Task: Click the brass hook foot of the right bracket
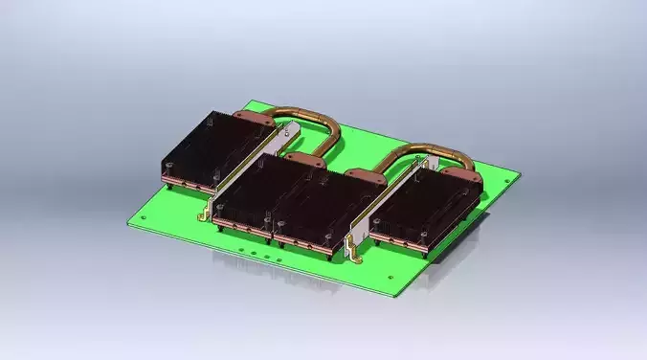coord(351,255)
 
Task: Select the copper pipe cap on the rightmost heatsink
coord(462,169)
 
